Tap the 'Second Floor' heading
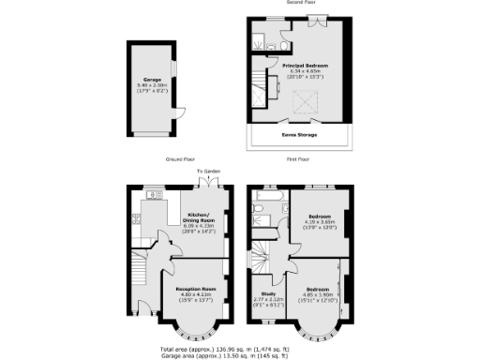point(299,5)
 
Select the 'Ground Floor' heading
point(179,160)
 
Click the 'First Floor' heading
point(299,160)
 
